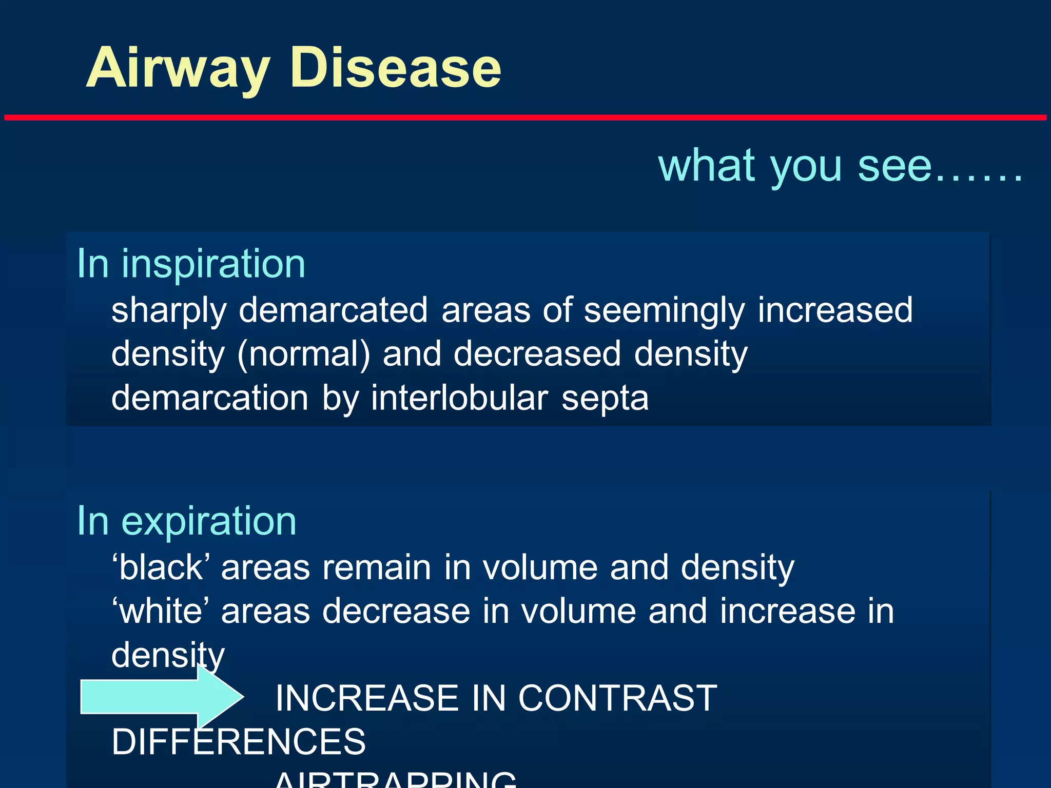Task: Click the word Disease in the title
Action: pos(395,68)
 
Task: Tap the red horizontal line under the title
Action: pos(525,117)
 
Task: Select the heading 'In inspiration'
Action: pos(191,264)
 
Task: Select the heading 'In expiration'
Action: pos(186,521)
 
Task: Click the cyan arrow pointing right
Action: pos(159,696)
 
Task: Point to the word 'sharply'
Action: pos(169,311)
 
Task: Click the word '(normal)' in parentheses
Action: pos(303,354)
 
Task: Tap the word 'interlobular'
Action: pos(459,398)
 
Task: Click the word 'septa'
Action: pos(605,398)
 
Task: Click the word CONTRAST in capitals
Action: pos(617,698)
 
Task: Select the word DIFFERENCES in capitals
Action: pos(238,742)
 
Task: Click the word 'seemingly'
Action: pos(664,311)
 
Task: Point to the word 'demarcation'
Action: pos(210,398)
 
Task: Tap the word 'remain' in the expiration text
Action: pos(377,568)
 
